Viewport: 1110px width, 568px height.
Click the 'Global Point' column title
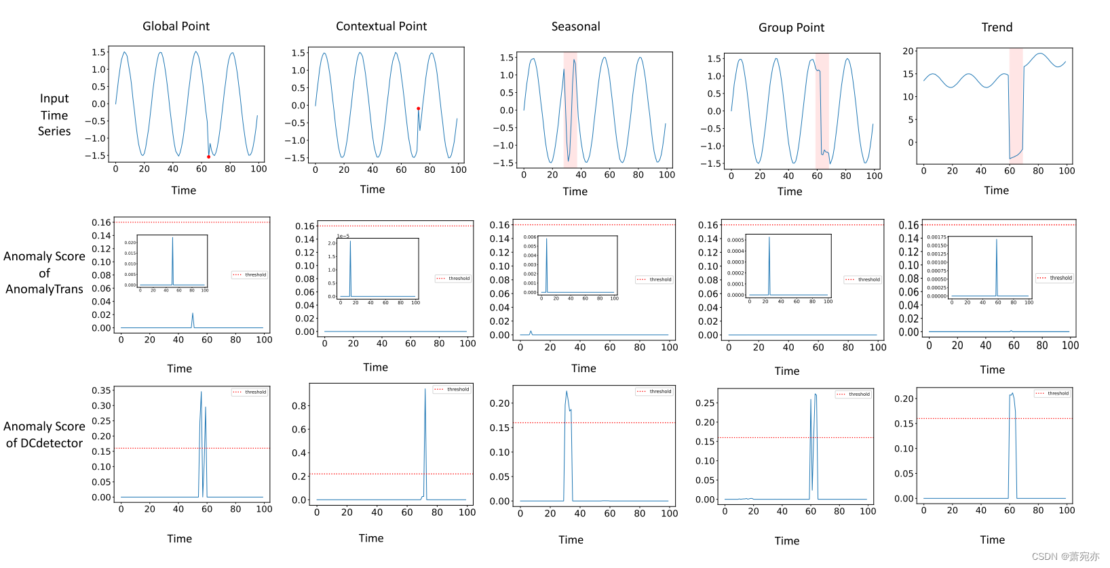(x=176, y=26)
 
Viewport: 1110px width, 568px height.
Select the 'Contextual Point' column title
(x=381, y=26)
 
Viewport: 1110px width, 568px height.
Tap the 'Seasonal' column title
(x=575, y=27)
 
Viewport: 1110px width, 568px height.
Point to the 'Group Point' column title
(x=791, y=28)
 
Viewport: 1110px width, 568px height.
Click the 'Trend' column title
(x=997, y=28)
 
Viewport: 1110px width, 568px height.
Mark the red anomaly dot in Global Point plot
(x=208, y=157)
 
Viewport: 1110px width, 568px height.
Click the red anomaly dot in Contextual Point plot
(x=418, y=108)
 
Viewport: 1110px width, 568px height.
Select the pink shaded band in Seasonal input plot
(x=570, y=108)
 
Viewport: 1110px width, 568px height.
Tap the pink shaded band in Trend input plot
(x=1016, y=105)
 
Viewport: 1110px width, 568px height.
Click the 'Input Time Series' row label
(x=54, y=115)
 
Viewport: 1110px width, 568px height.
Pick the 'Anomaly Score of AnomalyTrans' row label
(x=44, y=272)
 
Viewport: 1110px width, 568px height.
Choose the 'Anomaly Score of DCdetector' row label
(x=44, y=434)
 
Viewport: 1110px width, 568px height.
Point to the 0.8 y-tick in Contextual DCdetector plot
(x=299, y=406)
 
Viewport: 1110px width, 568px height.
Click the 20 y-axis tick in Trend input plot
(x=908, y=52)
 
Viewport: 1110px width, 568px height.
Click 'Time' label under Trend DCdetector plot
(x=992, y=540)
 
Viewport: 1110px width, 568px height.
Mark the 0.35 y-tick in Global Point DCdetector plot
(x=101, y=390)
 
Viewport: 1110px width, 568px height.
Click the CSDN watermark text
(x=1065, y=556)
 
